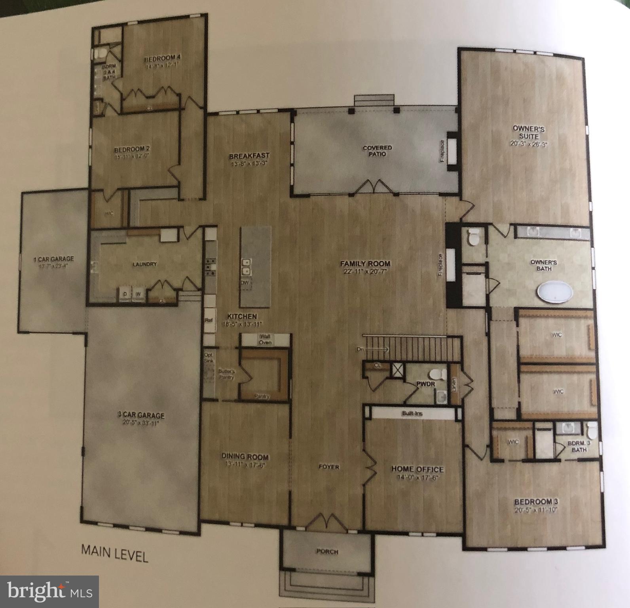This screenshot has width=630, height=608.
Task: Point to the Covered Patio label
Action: (377, 150)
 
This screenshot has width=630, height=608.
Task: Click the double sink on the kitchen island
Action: (247, 266)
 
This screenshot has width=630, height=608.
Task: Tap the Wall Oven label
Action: (265, 339)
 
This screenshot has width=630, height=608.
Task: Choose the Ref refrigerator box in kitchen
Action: (209, 320)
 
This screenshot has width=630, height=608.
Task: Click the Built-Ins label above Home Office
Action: (412, 414)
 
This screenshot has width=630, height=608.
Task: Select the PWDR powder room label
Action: (420, 384)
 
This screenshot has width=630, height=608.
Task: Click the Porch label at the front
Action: (327, 551)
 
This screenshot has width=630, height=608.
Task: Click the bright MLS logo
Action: (49, 592)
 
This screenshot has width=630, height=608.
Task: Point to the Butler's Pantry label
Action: (226, 374)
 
